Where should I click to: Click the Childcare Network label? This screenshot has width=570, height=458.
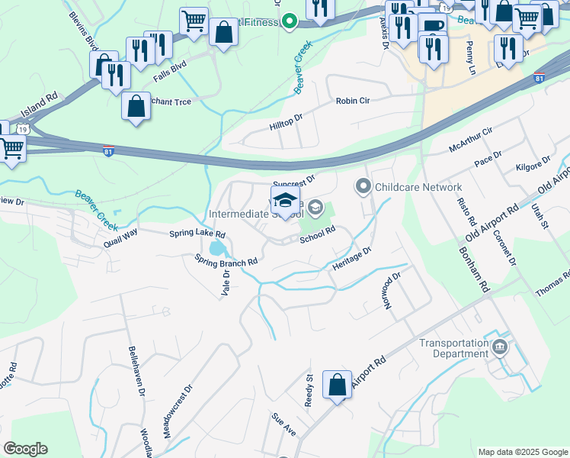pyautogui.click(x=418, y=187)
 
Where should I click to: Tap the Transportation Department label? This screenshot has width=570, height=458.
pyautogui.click(x=453, y=348)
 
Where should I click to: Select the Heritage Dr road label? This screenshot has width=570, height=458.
pyautogui.click(x=351, y=260)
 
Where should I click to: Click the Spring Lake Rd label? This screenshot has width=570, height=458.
pyautogui.click(x=197, y=234)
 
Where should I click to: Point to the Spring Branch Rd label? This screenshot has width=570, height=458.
pyautogui.click(x=226, y=260)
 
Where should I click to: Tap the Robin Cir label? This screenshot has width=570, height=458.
pyautogui.click(x=352, y=101)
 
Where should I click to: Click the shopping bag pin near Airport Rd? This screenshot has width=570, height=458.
pyautogui.click(x=337, y=385)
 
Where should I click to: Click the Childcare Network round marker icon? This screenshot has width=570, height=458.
pyautogui.click(x=363, y=186)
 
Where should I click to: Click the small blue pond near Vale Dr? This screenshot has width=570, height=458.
pyautogui.click(x=216, y=249)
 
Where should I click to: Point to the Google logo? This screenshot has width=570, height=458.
pyautogui.click(x=26, y=449)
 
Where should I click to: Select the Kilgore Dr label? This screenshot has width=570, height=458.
pyautogui.click(x=533, y=164)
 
